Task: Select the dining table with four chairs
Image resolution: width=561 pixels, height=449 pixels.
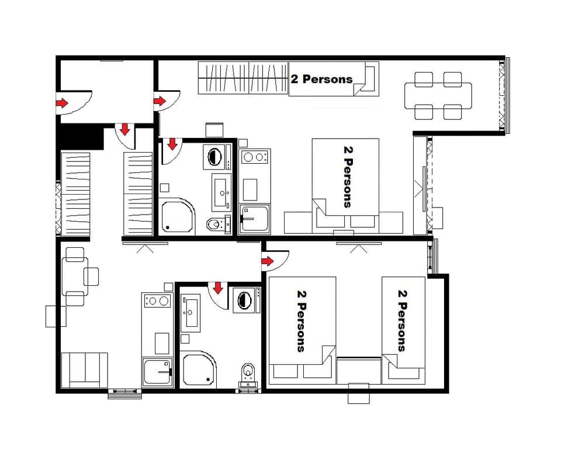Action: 438,95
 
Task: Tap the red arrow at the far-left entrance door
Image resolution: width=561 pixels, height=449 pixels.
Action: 61,103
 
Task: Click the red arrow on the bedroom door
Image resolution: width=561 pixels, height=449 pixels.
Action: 268,261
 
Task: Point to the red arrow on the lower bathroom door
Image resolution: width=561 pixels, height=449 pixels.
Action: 219,287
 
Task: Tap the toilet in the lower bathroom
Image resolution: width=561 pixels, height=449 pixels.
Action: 248,372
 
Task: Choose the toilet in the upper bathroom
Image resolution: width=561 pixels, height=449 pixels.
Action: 215,223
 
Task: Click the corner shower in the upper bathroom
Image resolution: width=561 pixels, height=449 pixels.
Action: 175,216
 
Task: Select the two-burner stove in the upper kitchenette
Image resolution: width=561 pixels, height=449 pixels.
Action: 255,157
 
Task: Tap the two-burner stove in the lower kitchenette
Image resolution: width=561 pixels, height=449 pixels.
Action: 157,301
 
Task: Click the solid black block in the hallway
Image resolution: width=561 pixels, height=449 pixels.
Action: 79,137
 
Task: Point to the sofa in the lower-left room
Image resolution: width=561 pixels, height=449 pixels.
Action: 85,369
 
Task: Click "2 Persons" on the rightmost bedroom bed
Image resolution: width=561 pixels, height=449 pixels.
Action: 402,320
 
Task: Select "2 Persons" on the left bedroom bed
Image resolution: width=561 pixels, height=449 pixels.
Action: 302,320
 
